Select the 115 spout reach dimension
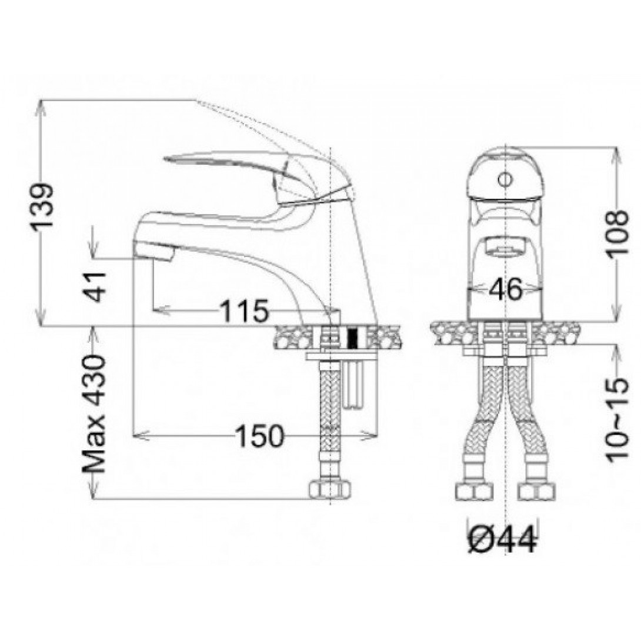(x=245, y=311)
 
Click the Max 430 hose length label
(x=95, y=413)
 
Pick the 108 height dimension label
(x=617, y=233)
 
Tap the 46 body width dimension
(x=506, y=289)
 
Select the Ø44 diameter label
(x=502, y=540)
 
